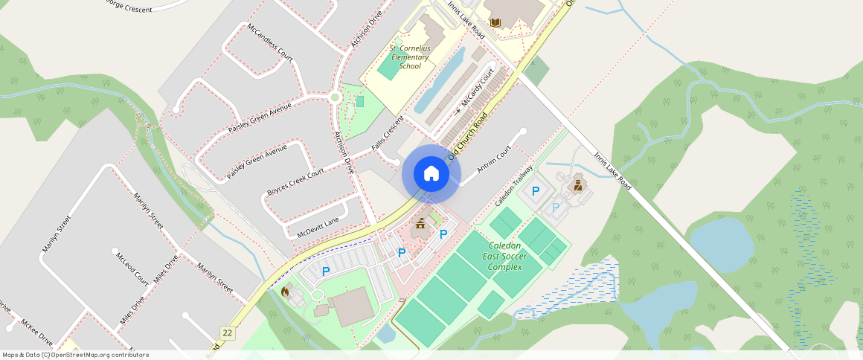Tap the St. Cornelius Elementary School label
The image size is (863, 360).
tap(410, 57)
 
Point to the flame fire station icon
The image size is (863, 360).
tap(284, 292)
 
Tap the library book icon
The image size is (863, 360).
tap(495, 23)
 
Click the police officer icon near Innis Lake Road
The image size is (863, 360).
tap(578, 183)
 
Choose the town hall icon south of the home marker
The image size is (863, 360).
tap(420, 223)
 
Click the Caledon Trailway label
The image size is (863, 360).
tap(514, 185)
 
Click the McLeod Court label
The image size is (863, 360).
tap(132, 267)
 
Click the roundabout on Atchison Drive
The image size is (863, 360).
tap(335, 97)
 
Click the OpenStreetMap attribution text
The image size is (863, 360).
tap(75, 355)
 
